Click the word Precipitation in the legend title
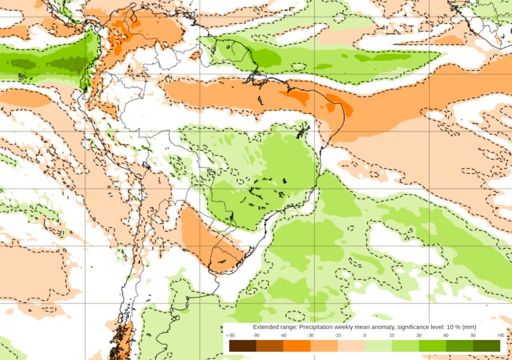click(317, 326)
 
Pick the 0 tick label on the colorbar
click(364, 335)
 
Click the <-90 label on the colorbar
click(230, 335)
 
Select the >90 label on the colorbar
click(500, 335)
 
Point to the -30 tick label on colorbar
click(310, 335)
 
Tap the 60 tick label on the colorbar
click(445, 335)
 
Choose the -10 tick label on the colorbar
click(337, 335)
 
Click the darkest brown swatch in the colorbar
click(243, 345)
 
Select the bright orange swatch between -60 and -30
click(297, 345)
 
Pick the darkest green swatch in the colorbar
click(486, 345)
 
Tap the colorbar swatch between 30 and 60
click(432, 345)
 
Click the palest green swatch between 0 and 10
click(378, 345)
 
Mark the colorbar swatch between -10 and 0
click(351, 345)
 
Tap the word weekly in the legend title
click(348, 326)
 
